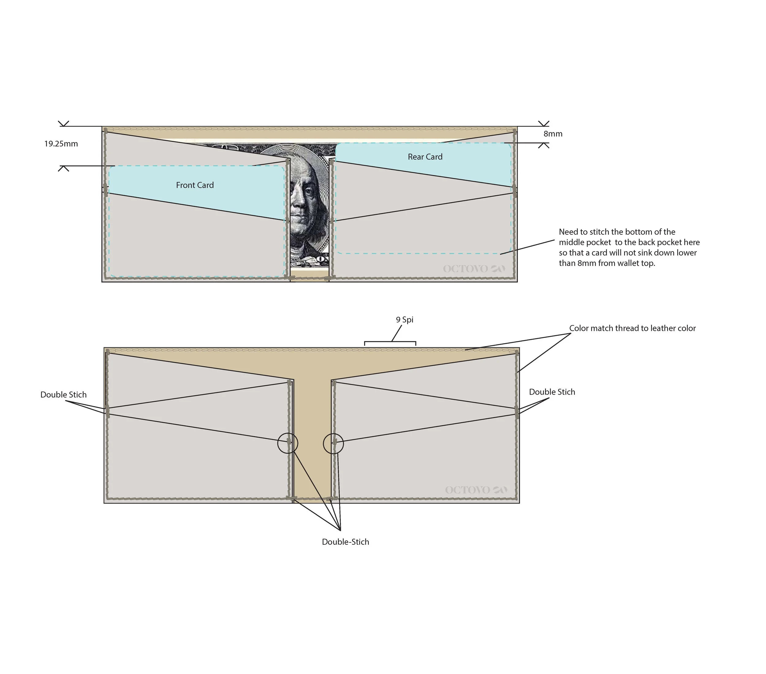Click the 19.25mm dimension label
(x=61, y=144)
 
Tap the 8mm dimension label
(x=553, y=134)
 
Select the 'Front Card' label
(x=195, y=185)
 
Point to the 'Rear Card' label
(x=425, y=157)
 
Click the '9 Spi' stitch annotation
(x=405, y=320)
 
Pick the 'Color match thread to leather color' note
(x=633, y=328)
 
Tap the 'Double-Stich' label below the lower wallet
(x=346, y=542)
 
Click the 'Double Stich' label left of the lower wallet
(x=63, y=395)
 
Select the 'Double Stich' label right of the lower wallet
(x=552, y=392)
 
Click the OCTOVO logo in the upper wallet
(x=474, y=269)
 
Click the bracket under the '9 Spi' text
(x=390, y=342)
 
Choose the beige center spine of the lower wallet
(x=313, y=438)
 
